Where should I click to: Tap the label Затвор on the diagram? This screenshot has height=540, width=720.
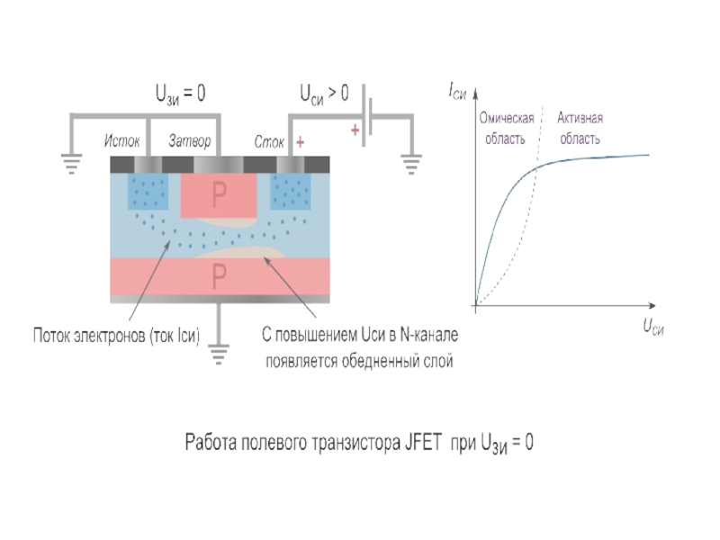pos(190,142)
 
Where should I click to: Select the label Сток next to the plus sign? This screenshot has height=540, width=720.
pos(269,142)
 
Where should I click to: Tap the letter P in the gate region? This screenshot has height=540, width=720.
pos(219,193)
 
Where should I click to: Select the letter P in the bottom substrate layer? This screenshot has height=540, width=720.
pos(219,277)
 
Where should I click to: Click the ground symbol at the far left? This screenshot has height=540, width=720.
pos(69,162)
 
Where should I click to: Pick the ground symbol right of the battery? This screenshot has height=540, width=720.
pos(411,162)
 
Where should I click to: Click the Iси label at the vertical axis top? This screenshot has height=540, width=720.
pos(457,88)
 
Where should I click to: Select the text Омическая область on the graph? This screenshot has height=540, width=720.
pos(507,129)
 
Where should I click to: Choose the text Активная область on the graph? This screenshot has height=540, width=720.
pos(580,129)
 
